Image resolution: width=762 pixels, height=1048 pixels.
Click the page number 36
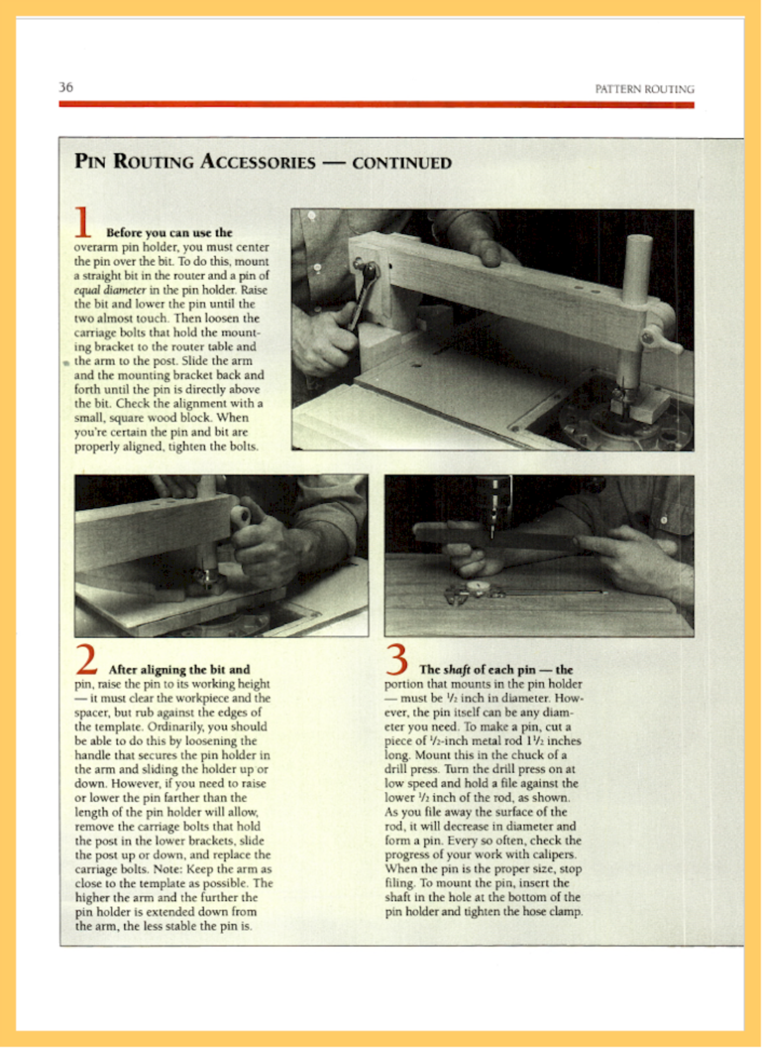click(x=66, y=87)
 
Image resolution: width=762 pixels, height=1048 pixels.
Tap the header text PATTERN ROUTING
click(x=644, y=89)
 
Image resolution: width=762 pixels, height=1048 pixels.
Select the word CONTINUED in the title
click(x=402, y=163)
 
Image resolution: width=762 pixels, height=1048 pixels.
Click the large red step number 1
click(x=83, y=222)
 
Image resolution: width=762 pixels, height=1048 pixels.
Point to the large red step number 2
click(x=86, y=659)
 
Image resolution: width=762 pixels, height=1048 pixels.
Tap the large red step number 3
click(x=397, y=659)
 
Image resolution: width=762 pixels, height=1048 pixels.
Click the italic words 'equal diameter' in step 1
click(x=110, y=290)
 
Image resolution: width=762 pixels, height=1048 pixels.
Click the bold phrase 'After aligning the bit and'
click(x=179, y=670)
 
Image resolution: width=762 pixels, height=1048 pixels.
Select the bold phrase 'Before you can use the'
click(x=169, y=233)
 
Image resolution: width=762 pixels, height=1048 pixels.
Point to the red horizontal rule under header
click(x=376, y=104)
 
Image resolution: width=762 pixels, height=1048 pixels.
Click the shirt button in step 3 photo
click(x=664, y=520)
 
